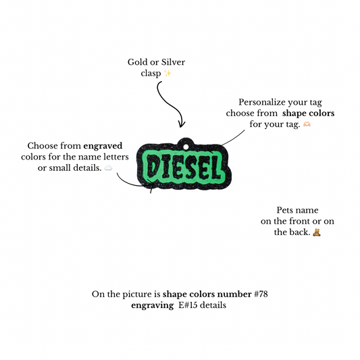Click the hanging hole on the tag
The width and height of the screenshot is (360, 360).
[186, 147]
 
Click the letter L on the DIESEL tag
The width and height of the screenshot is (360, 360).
[215, 168]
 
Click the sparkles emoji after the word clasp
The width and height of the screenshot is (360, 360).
[168, 73]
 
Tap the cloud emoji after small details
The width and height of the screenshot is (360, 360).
[108, 168]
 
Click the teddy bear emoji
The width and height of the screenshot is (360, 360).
[317, 232]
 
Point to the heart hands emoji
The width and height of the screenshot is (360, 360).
[307, 124]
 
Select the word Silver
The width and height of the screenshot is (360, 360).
[173, 62]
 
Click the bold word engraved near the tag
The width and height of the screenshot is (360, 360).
[103, 147]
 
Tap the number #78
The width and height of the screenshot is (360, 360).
[261, 294]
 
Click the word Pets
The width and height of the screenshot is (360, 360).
[282, 210]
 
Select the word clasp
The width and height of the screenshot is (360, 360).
[151, 74]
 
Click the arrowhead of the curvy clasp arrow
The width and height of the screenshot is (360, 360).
[182, 125]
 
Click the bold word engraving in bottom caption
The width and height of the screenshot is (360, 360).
[153, 305]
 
